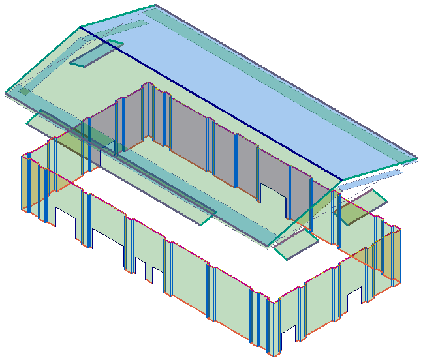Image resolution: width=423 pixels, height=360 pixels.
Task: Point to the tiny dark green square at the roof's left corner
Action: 23,91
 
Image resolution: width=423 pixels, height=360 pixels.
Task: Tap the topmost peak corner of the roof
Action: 155,6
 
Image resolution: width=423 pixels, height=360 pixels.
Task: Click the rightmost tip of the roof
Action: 416,157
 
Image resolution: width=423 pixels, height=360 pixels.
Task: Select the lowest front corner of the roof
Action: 267,247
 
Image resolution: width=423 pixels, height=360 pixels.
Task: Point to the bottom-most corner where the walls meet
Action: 278,354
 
